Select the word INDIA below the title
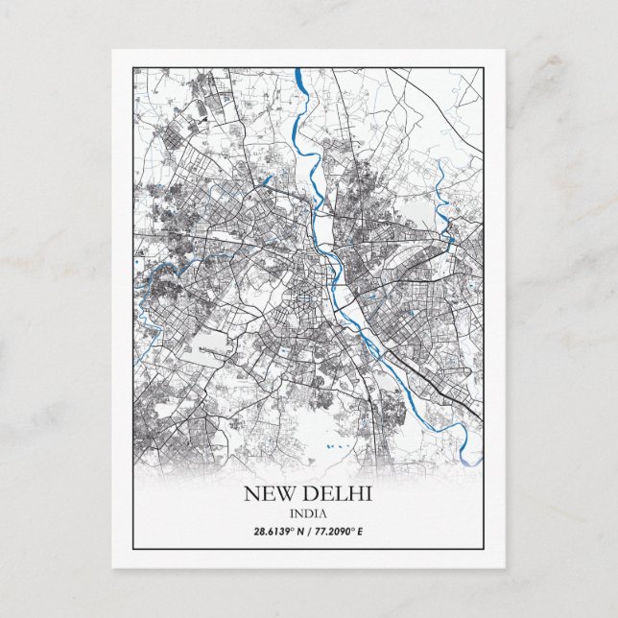[308, 513]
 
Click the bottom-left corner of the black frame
[132, 550]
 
